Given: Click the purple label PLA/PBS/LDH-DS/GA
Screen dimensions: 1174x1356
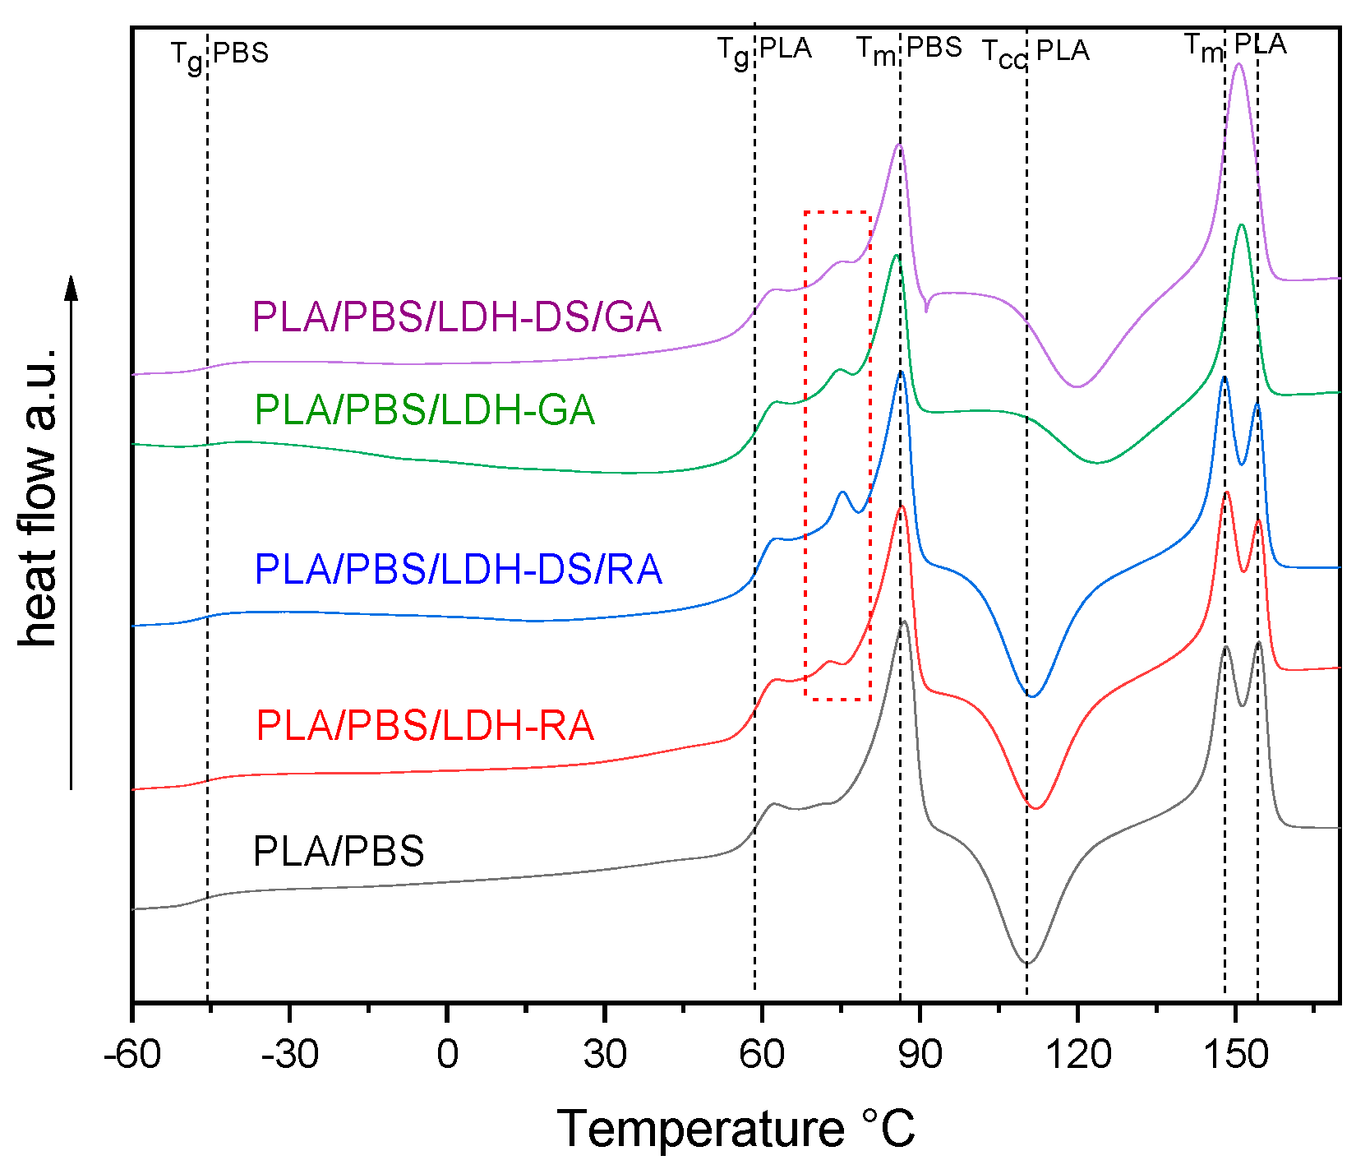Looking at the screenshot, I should [457, 317].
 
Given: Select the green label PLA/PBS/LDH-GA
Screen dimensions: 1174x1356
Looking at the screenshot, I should [425, 410].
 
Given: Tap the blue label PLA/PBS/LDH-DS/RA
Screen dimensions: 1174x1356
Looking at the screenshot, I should [458, 569].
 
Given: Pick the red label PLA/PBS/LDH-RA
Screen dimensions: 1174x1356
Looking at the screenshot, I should [425, 726].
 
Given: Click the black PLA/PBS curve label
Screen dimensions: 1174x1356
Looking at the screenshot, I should [339, 852].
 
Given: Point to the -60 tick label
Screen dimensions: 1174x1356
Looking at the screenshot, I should [131, 1055].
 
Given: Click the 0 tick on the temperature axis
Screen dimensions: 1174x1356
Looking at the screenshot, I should [447, 1055].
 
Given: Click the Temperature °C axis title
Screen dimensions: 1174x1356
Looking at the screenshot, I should [736, 1129].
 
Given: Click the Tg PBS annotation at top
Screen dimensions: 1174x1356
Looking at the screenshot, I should [219, 54].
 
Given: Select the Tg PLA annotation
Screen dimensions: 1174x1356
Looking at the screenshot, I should [764, 51].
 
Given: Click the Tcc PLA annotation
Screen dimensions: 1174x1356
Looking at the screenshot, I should [1035, 53].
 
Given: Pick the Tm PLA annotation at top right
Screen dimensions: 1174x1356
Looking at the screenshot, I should [1235, 46].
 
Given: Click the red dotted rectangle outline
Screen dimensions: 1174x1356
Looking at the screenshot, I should [806, 452].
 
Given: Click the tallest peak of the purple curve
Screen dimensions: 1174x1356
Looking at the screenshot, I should [1239, 64].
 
